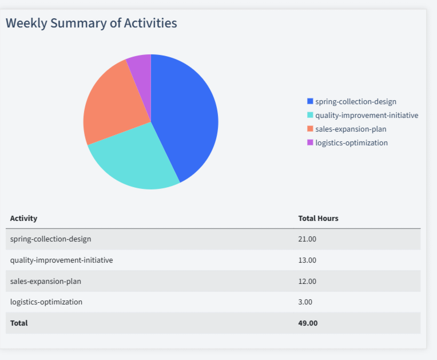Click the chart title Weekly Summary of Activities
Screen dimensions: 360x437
[x=91, y=23]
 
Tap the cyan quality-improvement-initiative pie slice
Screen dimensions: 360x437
[x=137, y=157]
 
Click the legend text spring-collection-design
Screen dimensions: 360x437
[x=355, y=101]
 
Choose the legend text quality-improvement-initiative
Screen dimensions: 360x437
[x=367, y=115]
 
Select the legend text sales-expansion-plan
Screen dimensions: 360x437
[x=351, y=129]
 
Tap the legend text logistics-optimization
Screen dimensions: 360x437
[x=351, y=143]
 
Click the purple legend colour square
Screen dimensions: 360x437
[x=310, y=143]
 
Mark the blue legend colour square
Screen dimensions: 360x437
[x=310, y=101]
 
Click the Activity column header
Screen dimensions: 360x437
[x=23, y=219]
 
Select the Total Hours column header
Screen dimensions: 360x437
[x=318, y=219]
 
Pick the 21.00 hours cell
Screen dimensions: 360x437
[x=307, y=239]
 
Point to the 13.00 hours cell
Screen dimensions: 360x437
[x=307, y=260]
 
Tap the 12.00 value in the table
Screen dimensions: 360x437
[x=307, y=281]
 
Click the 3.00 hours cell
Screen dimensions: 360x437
[x=305, y=302]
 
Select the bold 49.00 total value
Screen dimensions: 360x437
[x=308, y=323]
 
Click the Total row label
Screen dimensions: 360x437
[x=19, y=323]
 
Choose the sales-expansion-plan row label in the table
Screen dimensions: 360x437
[x=45, y=281]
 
